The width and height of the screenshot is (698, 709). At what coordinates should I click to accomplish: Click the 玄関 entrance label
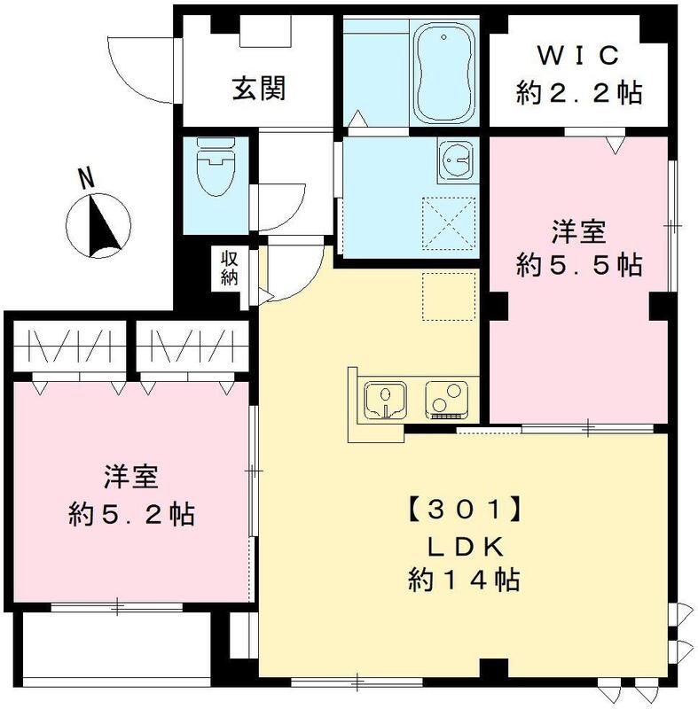258,89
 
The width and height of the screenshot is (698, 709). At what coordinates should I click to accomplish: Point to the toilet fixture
214,174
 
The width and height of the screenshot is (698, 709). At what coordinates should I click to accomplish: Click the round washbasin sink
455,160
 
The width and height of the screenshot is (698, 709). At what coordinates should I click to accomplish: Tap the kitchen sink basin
387,400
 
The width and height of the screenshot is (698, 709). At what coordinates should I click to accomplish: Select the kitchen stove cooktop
448,399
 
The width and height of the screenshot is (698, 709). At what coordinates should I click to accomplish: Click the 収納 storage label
230,268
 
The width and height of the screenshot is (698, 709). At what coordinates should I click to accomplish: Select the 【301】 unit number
462,510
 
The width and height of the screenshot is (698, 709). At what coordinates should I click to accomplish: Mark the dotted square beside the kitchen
450,296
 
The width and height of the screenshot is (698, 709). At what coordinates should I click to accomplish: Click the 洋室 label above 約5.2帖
130,476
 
